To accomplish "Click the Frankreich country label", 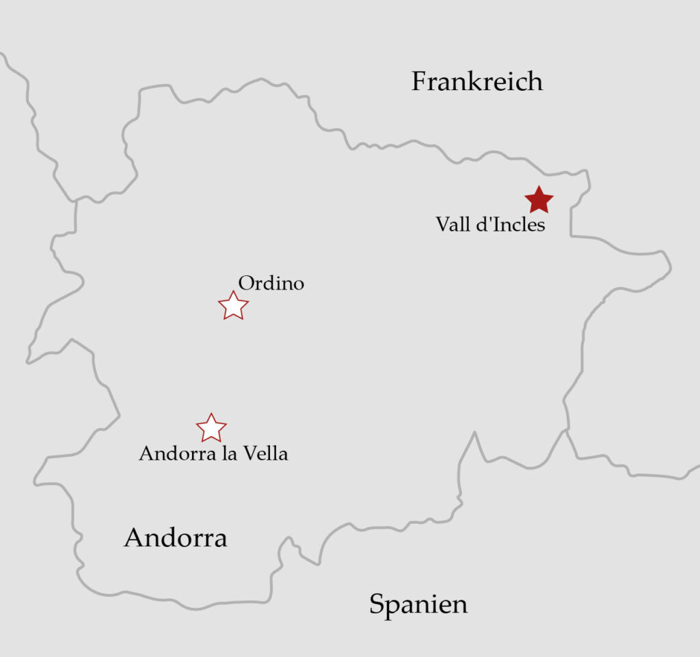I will (476, 82).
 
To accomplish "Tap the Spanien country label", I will (418, 604).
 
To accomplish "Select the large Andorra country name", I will (175, 538).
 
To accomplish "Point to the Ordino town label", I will (271, 283).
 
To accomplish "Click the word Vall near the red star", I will (451, 224).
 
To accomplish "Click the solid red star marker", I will (539, 200).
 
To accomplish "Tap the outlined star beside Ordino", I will (233, 306).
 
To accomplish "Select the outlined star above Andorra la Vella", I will (211, 428).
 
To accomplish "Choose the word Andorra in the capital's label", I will (178, 453).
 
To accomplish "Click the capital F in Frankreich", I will (419, 82).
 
